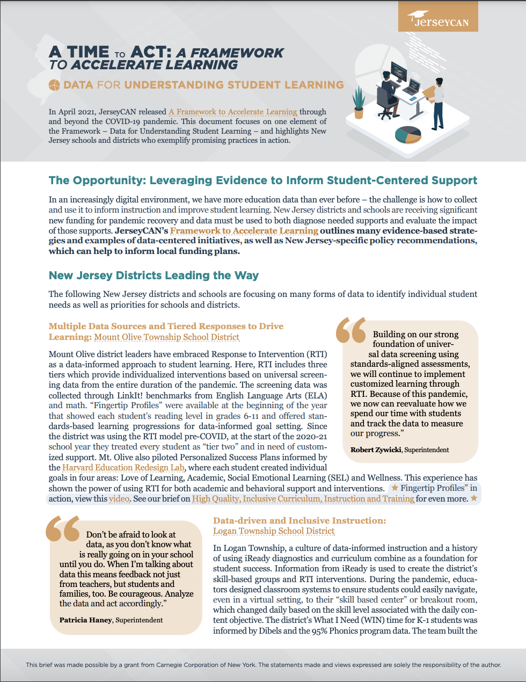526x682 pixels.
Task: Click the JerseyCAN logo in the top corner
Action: (438, 20)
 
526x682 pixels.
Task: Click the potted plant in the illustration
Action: (359, 102)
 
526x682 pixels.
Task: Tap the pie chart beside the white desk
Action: (408, 135)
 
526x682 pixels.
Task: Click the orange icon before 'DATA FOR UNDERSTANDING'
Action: (54, 85)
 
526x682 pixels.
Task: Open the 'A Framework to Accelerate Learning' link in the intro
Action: (232, 112)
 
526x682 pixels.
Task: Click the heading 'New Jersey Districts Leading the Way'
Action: (154, 275)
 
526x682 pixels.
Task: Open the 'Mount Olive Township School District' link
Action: (166, 337)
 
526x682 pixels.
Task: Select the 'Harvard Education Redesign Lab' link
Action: (123, 467)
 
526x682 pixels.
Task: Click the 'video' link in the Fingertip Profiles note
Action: (119, 499)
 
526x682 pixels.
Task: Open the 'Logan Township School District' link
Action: (274, 531)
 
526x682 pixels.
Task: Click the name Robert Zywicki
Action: (376, 450)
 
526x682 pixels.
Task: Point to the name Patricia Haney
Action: (86, 620)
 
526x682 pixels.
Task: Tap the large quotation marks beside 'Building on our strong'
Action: (350, 330)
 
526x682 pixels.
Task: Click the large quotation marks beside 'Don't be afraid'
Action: (62, 529)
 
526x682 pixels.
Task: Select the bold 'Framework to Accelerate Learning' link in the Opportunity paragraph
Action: (244, 231)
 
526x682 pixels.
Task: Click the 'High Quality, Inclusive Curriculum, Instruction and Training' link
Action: (303, 499)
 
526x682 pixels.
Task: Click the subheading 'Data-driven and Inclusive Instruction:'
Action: (299, 520)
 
